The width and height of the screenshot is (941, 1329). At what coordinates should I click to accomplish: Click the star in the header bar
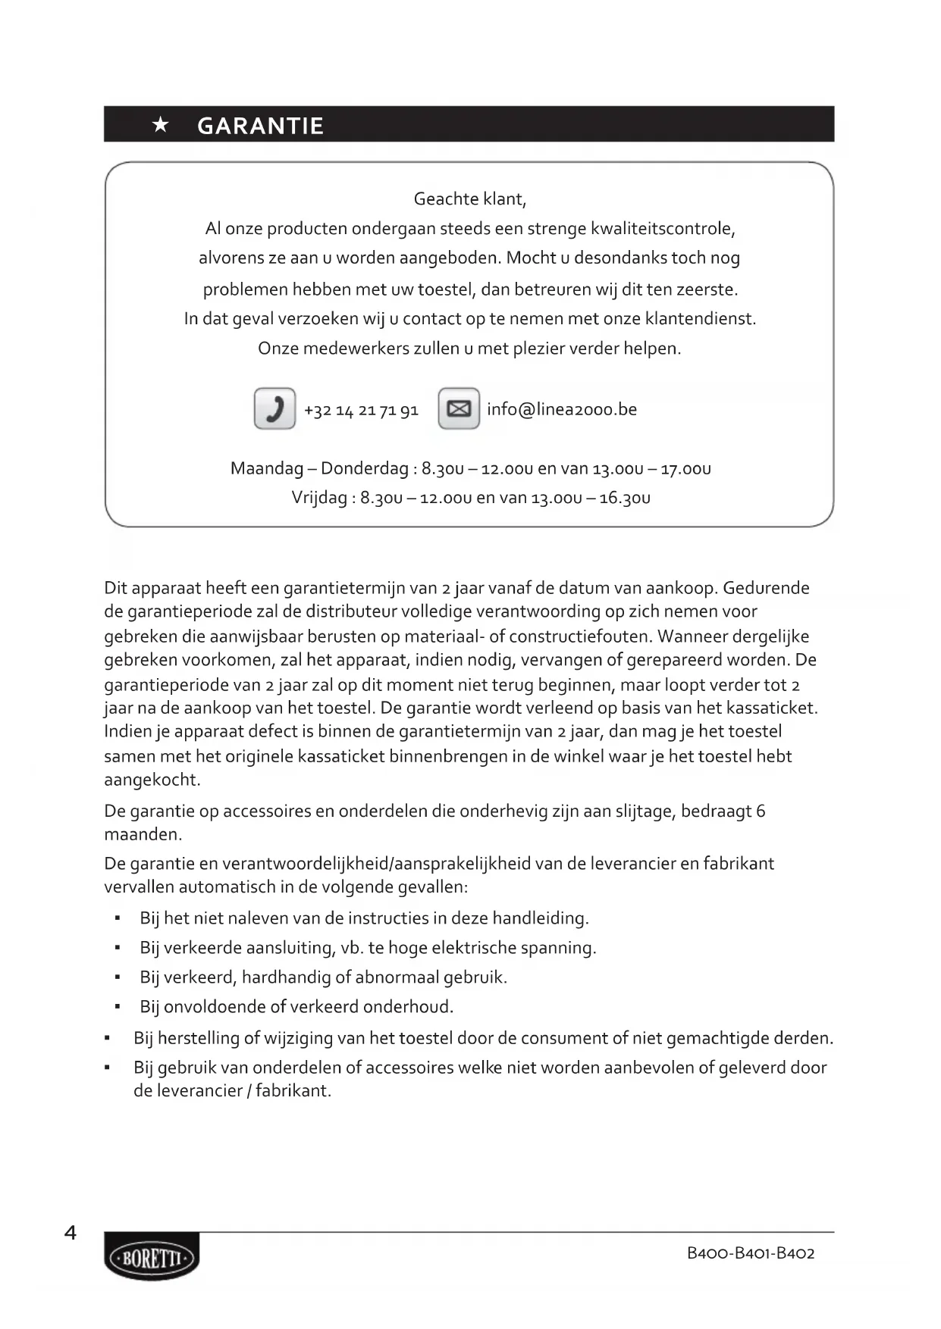tap(161, 125)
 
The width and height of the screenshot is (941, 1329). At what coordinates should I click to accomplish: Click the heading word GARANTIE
tap(260, 126)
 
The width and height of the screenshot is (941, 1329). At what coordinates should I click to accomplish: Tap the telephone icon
tap(274, 408)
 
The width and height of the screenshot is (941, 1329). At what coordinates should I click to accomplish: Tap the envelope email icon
tap(459, 408)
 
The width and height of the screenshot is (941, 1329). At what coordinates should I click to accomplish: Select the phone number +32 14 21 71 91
tap(361, 410)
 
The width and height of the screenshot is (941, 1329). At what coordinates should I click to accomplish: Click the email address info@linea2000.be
tap(562, 409)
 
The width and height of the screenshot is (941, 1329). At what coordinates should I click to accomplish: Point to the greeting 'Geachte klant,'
tap(469, 199)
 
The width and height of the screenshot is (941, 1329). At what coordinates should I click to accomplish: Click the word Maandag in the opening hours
tap(267, 468)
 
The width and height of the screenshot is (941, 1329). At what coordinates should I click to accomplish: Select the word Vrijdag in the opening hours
tap(319, 498)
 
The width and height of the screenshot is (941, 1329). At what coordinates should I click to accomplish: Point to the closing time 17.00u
tap(685, 468)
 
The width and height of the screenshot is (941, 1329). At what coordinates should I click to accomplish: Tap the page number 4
tap(71, 1233)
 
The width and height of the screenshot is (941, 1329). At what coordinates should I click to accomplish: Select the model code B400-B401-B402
tap(751, 1252)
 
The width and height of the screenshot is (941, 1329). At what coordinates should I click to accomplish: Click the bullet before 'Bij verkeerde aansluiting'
tap(118, 948)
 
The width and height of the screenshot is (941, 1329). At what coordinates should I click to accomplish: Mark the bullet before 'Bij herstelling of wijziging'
tap(108, 1038)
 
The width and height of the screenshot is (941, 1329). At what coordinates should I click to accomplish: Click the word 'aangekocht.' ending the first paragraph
tap(152, 780)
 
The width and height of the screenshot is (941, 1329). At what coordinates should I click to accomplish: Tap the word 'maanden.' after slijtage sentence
tap(143, 834)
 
